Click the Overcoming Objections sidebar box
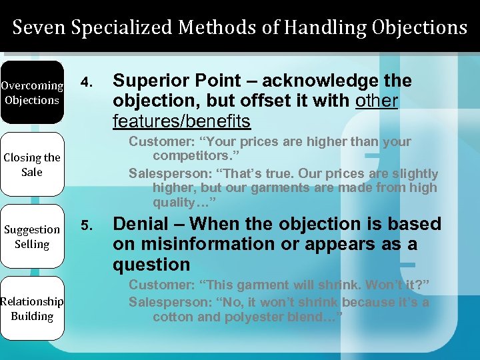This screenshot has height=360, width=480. pyautogui.click(x=31, y=93)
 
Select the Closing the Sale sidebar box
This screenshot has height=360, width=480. pyautogui.click(x=31, y=165)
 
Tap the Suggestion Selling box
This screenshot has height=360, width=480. pyautogui.click(x=31, y=237)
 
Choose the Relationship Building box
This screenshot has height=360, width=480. pyautogui.click(x=31, y=309)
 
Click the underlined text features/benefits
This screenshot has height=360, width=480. pyautogui.click(x=181, y=121)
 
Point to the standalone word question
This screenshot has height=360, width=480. pyautogui.click(x=151, y=265)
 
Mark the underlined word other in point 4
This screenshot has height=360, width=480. pyautogui.click(x=377, y=101)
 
